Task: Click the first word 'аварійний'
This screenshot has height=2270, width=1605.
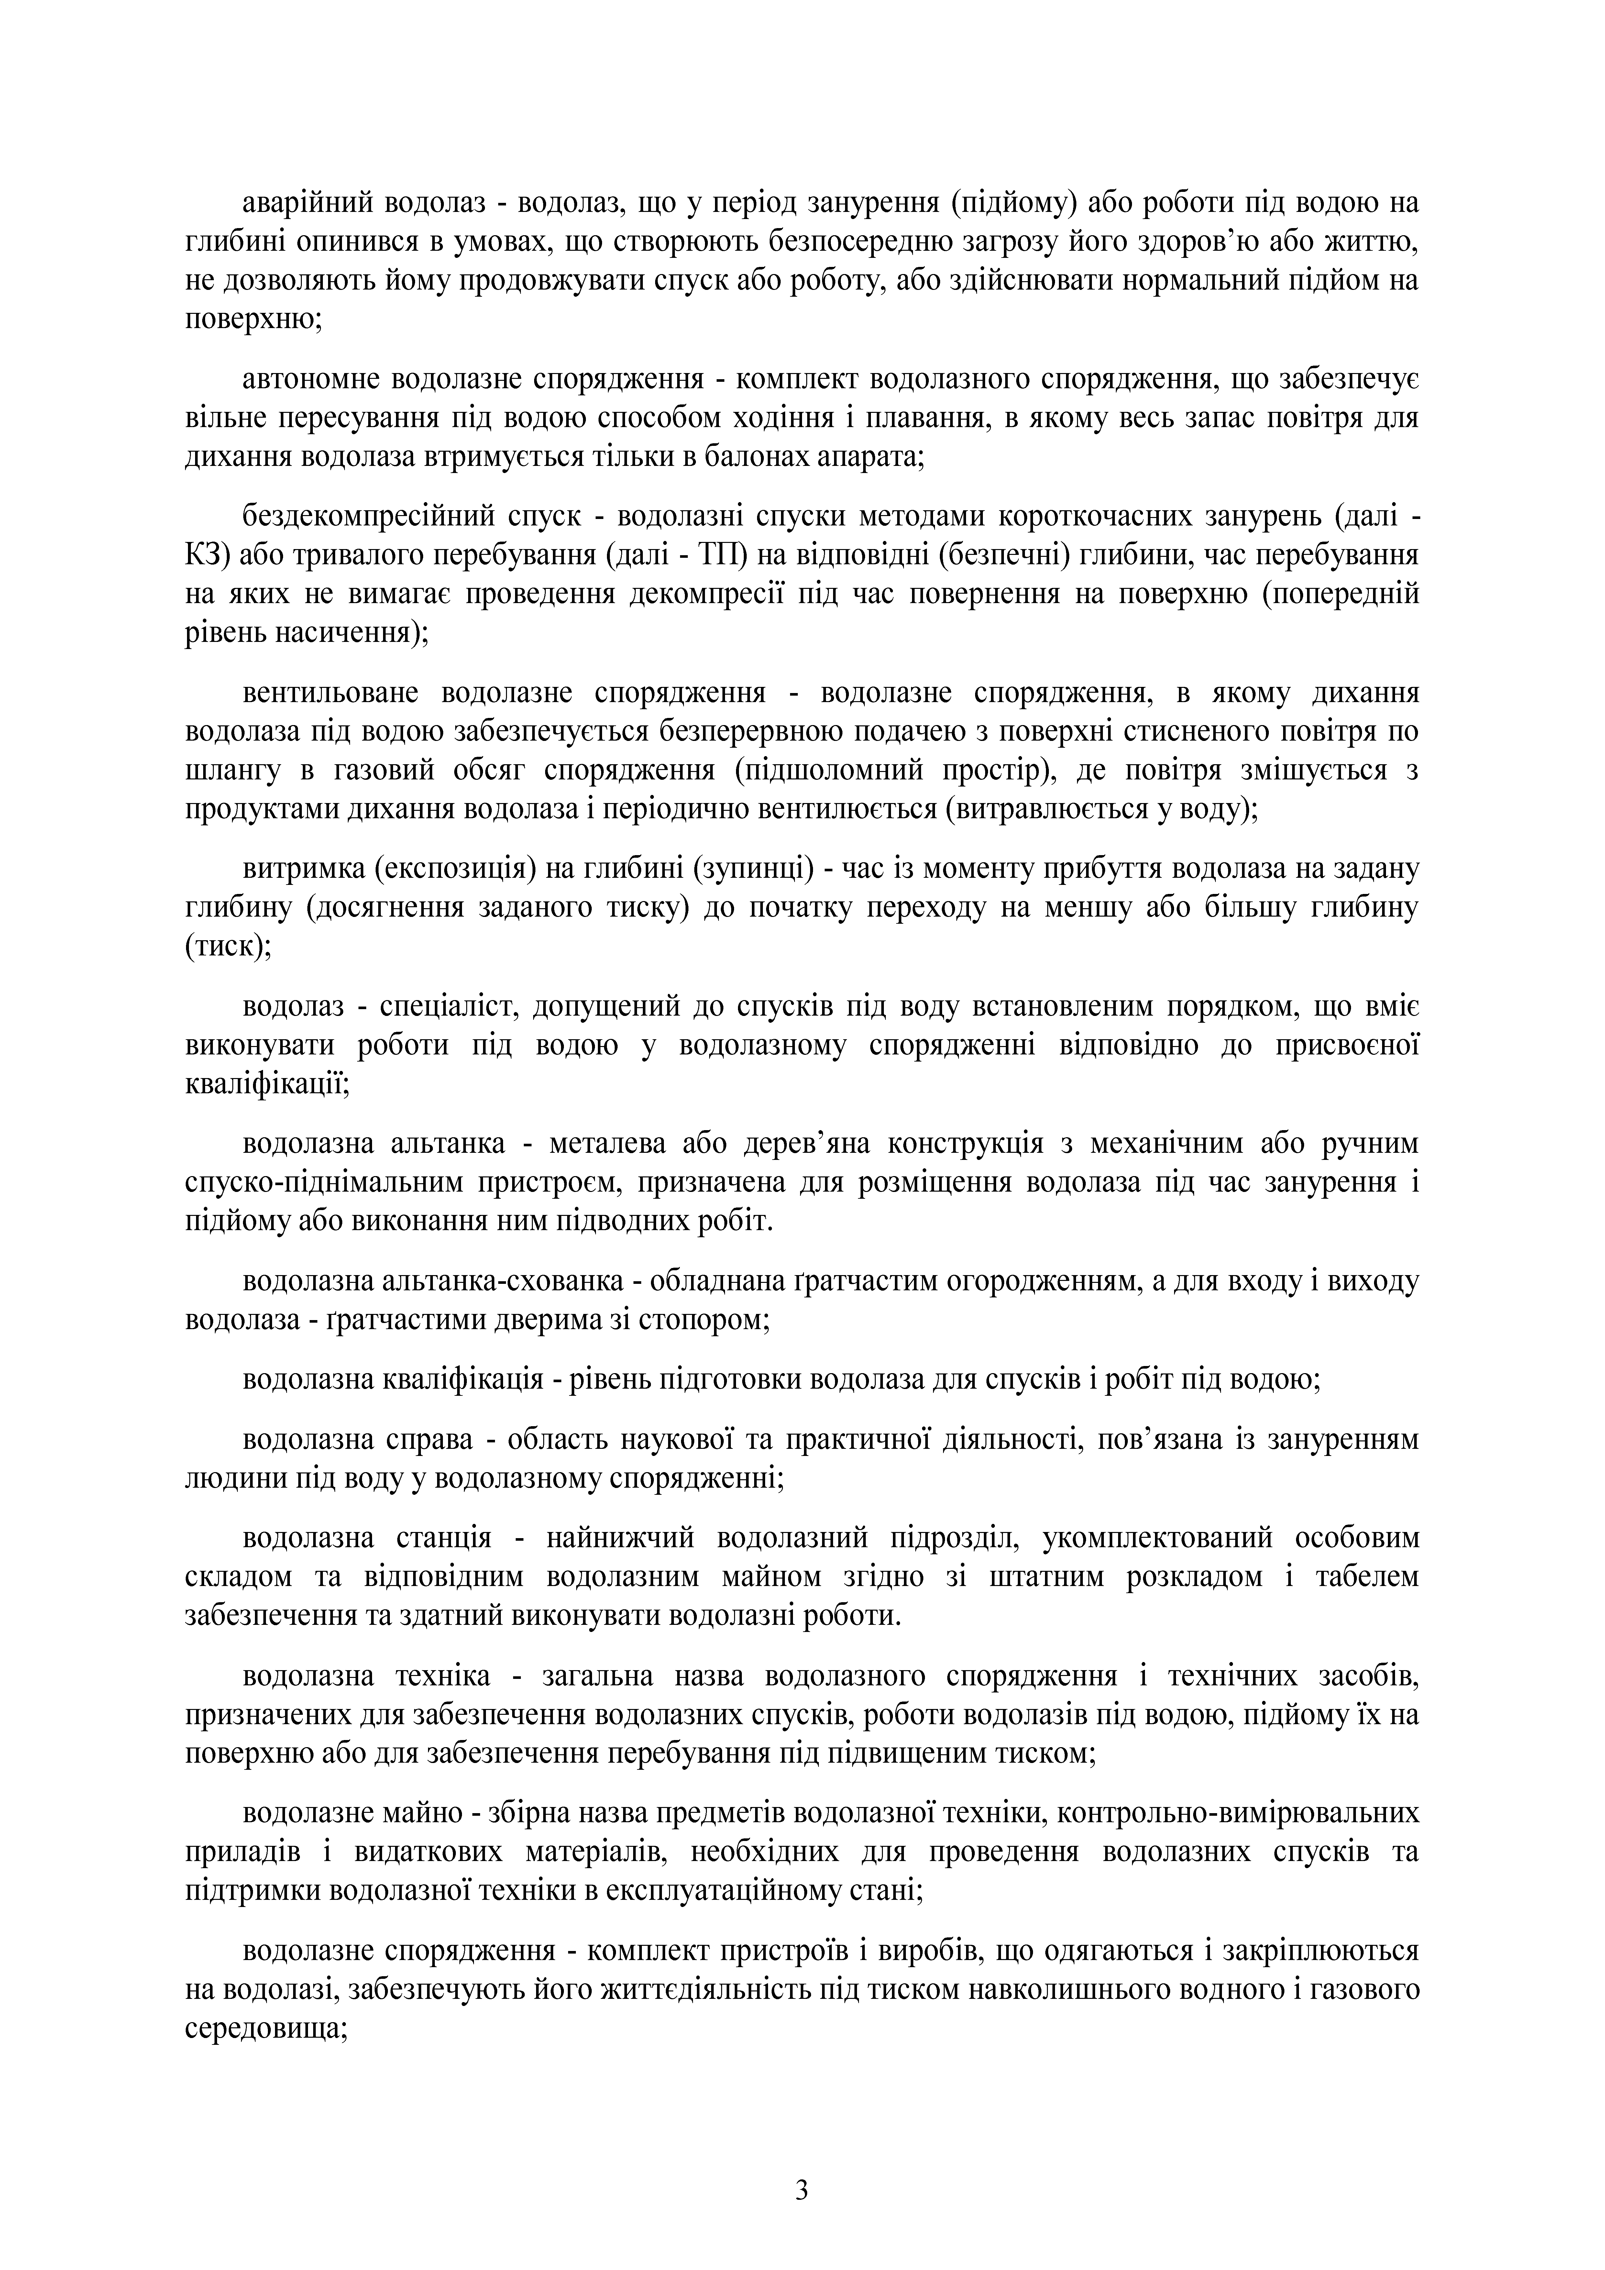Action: tap(307, 205)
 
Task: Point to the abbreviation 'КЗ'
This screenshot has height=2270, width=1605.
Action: tap(206, 556)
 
